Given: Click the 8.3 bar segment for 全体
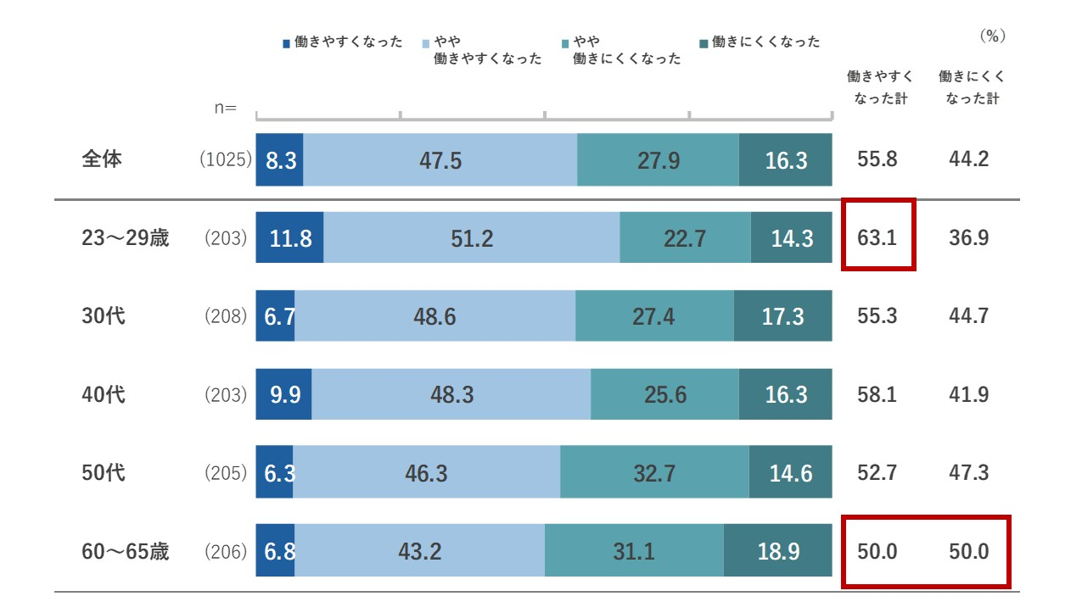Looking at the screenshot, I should tap(280, 159).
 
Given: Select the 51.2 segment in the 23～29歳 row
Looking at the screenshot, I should tap(471, 238).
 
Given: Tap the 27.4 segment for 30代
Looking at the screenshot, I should tap(654, 316).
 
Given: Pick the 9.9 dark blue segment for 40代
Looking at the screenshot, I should tap(283, 394).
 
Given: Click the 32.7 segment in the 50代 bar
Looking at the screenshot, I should tap(654, 472).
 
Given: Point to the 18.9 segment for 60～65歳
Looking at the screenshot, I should tap(777, 552).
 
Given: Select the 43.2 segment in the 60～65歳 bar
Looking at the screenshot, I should tap(420, 552).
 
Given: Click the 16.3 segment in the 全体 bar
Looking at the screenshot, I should tap(785, 159).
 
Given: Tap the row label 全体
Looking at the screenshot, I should tap(102, 159).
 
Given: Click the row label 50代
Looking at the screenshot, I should tap(104, 472).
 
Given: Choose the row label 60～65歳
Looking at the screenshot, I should tap(125, 552).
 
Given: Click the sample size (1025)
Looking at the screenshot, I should tap(225, 159).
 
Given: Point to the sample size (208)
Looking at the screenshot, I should tap(225, 316).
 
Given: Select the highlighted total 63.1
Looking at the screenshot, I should tap(877, 237).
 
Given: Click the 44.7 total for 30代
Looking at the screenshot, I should tap(968, 316).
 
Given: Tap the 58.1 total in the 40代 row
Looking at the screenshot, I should tap(877, 394).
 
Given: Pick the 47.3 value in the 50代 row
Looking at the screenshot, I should tap(968, 472).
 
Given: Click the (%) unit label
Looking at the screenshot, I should tap(992, 36).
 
